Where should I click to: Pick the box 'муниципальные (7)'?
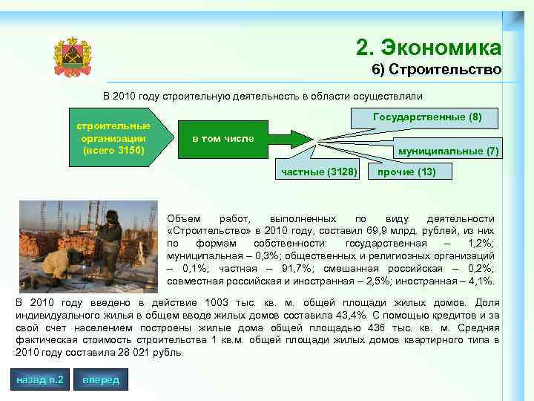point(449,151)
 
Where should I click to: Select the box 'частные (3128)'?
point(319,172)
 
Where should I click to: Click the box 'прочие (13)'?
point(406,172)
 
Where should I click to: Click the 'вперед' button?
point(100,380)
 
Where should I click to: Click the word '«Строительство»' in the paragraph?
point(204,231)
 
